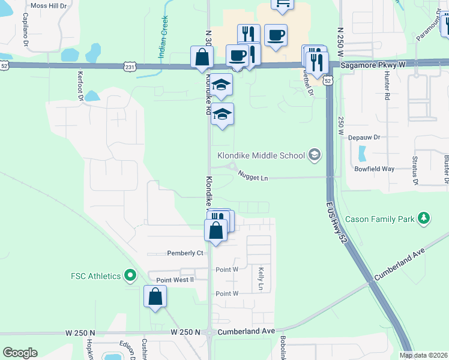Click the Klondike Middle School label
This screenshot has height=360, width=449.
coord(261,156)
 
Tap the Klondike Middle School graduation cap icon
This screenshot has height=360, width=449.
coord(314,155)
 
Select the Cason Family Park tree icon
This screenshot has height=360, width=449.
coord(424,218)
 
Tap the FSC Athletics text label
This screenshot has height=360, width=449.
coord(95,276)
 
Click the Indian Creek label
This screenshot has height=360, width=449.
coord(162,45)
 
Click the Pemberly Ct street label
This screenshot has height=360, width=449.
coord(185,253)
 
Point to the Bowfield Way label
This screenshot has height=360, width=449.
coord(373,169)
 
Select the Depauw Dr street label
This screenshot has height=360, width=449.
coord(369,137)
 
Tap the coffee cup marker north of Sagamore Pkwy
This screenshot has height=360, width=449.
coord(276,35)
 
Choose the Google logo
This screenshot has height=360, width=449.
coord(20,353)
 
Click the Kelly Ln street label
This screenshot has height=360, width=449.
coord(261,279)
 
